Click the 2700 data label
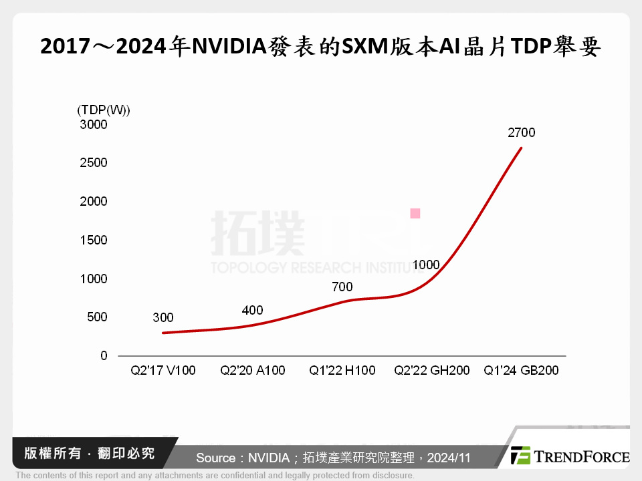(522, 132)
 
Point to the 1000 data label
(426, 265)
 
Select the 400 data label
(252, 310)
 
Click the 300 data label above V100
(163, 317)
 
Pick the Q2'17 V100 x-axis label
(163, 370)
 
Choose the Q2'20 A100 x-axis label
(252, 370)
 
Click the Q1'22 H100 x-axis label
(342, 370)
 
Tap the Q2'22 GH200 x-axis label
(431, 370)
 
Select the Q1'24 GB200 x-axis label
(521, 370)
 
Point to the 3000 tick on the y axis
(94, 124)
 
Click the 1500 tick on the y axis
(94, 240)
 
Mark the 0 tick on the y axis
(104, 356)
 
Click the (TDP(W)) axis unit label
(104, 110)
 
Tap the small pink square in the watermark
(415, 214)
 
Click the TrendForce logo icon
(520, 456)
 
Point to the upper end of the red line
(522, 148)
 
